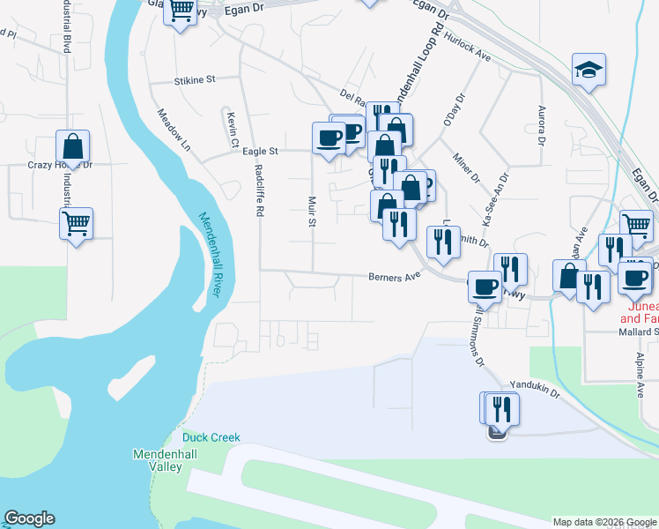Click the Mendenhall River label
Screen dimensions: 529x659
point(215,256)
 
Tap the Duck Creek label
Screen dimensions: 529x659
point(205,437)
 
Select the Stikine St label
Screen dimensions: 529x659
point(195,79)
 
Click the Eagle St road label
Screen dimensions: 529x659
point(260,152)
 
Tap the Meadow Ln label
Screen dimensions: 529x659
point(174,126)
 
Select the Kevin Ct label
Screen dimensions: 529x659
point(232,129)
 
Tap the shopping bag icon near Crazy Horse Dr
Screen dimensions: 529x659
point(73,146)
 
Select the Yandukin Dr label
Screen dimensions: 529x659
point(535,389)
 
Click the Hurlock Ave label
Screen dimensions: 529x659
point(468,47)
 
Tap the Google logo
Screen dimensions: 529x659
point(29,518)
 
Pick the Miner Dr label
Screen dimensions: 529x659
point(466,168)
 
